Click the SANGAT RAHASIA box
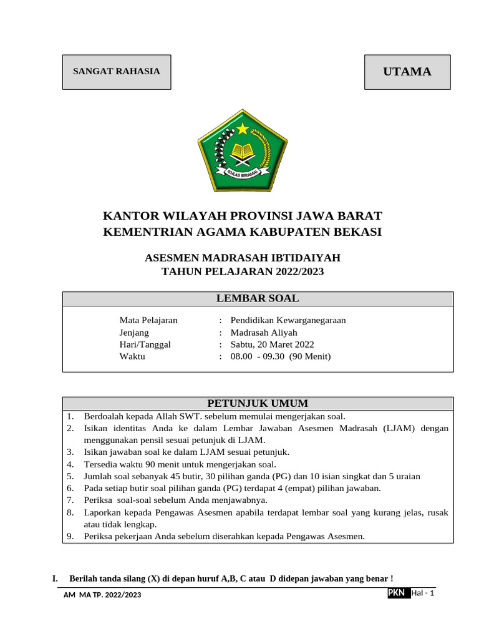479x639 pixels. pyautogui.click(x=117, y=71)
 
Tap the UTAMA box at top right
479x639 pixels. pyautogui.click(x=407, y=72)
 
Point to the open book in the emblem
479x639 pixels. pyautogui.click(x=243, y=150)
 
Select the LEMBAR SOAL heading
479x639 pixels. pyautogui.click(x=258, y=298)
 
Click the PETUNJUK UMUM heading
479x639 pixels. pyautogui.click(x=258, y=403)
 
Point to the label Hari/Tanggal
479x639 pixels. pyautogui.click(x=145, y=344)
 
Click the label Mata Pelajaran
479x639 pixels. pyautogui.click(x=148, y=320)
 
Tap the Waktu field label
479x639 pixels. pyautogui.click(x=132, y=356)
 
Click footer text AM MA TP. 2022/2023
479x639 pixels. pyautogui.click(x=103, y=595)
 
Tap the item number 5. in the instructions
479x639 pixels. pyautogui.click(x=70, y=476)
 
